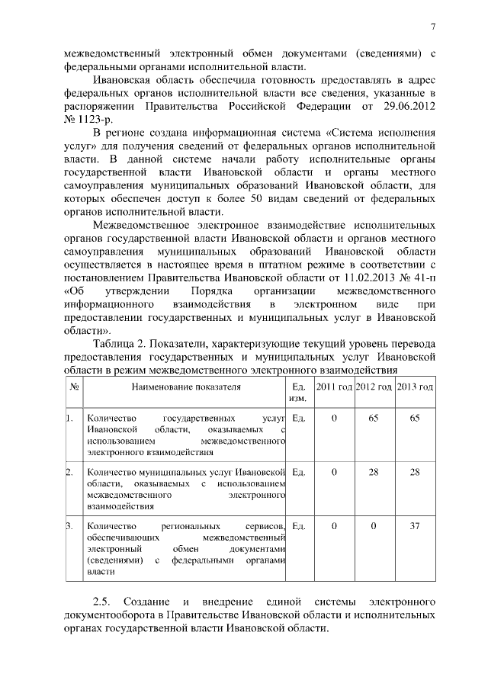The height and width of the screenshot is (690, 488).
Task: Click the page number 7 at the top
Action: (x=432, y=28)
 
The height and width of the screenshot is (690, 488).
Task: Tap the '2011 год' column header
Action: (x=334, y=387)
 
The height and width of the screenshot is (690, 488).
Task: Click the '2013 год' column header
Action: (x=415, y=387)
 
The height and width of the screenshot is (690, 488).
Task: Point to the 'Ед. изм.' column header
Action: (x=299, y=393)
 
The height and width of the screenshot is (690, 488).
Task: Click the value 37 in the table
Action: (x=415, y=526)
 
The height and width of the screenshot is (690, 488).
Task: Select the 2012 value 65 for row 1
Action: (x=374, y=419)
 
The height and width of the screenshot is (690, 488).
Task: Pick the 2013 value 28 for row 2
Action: (x=415, y=473)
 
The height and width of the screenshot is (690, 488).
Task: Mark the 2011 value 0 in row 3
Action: (x=334, y=526)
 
